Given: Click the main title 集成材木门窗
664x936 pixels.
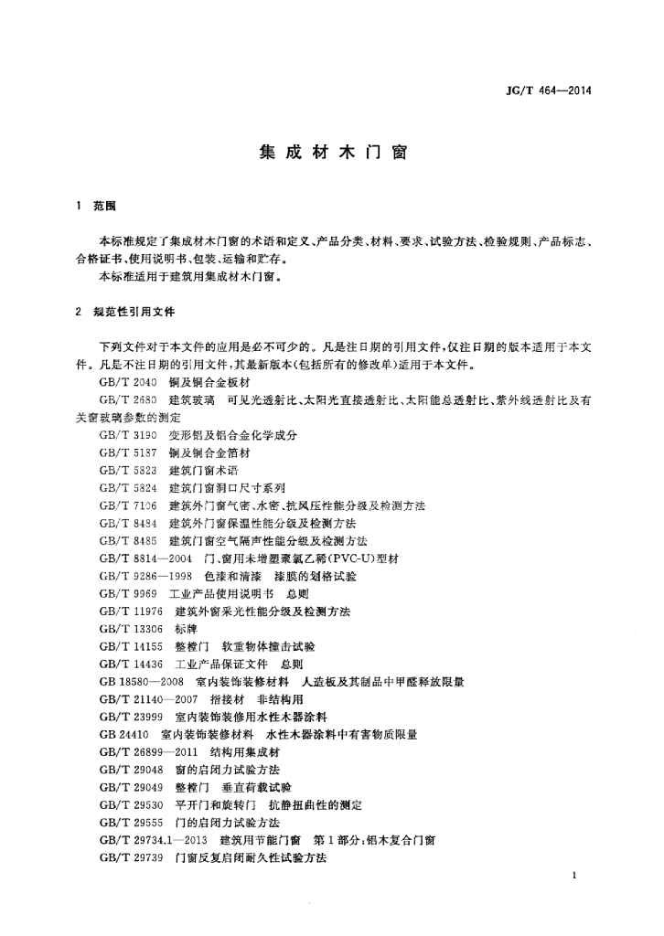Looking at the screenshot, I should click(x=332, y=154).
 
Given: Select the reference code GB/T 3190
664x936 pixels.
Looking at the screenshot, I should click(x=128, y=436).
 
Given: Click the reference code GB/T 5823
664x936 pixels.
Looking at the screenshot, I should click(x=128, y=470).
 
